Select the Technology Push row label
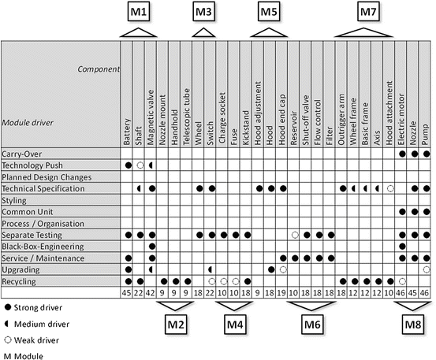click(32, 165)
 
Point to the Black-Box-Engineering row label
click(39, 247)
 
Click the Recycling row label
click(19, 281)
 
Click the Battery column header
click(127, 126)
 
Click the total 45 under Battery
click(127, 293)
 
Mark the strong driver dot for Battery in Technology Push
click(127, 165)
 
